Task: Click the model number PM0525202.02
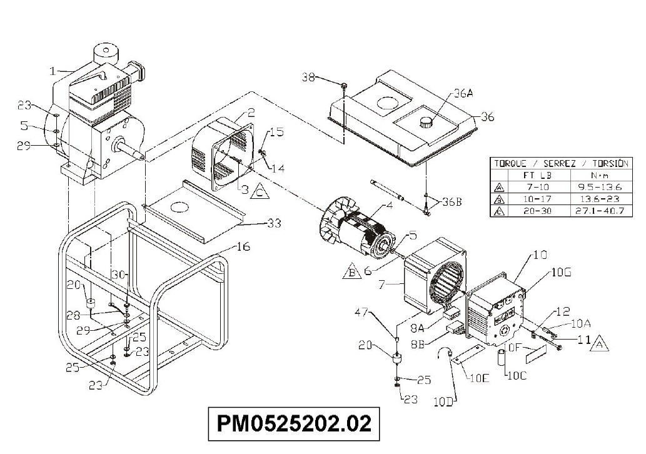[x=293, y=423]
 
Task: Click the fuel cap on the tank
[x=427, y=122]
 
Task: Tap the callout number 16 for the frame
[x=243, y=247]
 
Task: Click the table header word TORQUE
[x=510, y=164]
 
